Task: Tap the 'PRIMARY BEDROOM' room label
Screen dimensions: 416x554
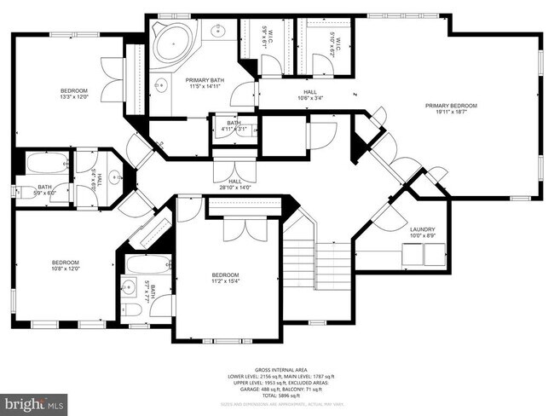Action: (451, 106)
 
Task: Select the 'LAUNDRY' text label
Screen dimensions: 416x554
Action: (422, 229)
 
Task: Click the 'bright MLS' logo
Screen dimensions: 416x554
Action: (34, 402)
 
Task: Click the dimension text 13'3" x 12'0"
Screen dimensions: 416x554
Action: (72, 97)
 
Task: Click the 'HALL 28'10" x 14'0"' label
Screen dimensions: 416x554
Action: (235, 184)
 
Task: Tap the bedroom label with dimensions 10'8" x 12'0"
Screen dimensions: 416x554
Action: (65, 264)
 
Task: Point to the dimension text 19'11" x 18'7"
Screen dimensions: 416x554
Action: (451, 112)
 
